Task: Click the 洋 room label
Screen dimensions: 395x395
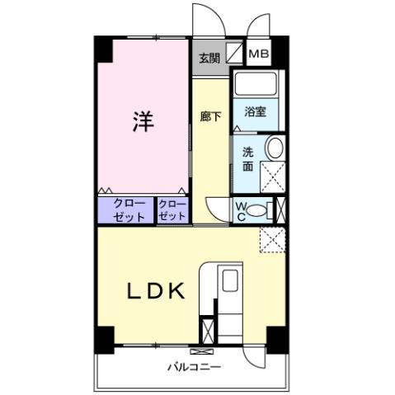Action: pyautogui.click(x=143, y=121)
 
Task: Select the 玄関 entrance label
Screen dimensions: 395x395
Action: pyautogui.click(x=209, y=59)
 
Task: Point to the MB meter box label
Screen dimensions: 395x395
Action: pyautogui.click(x=259, y=56)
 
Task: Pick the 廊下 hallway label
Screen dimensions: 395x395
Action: pyautogui.click(x=211, y=116)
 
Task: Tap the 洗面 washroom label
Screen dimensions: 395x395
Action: pyautogui.click(x=247, y=158)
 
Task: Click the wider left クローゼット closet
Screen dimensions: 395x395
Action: pyautogui.click(x=125, y=210)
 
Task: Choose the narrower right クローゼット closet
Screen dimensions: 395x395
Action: pyautogui.click(x=172, y=210)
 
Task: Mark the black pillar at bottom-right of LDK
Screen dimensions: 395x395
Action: pyautogui.click(x=274, y=338)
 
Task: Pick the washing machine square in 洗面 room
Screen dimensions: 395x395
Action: pyautogui.click(x=272, y=176)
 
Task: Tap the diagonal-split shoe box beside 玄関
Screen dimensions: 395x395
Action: pyautogui.click(x=235, y=56)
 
